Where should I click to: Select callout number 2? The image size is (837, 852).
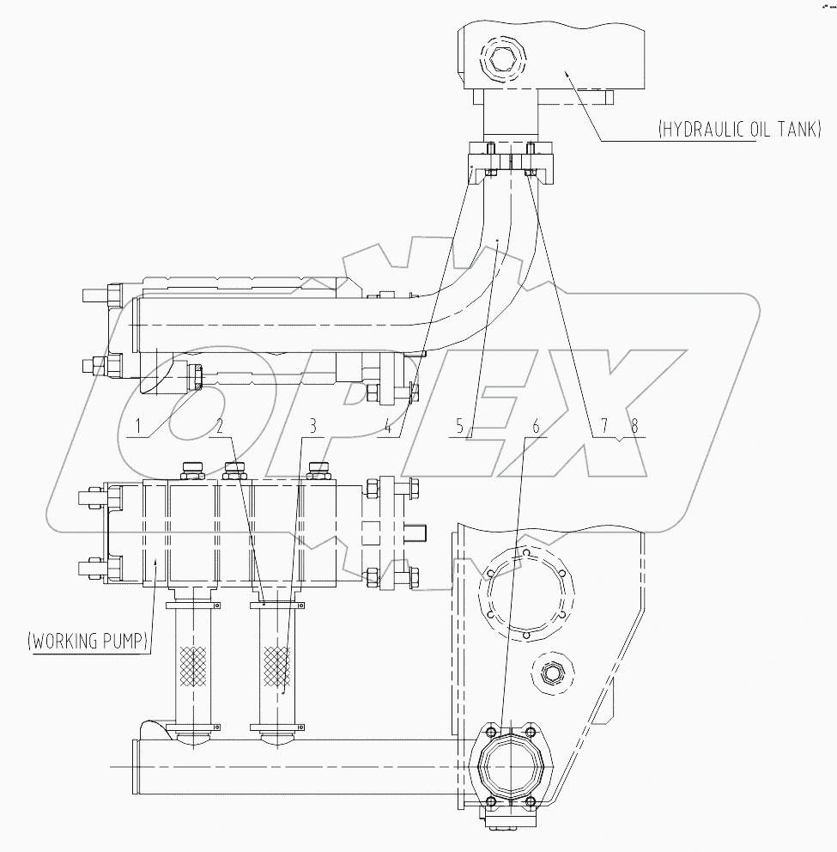(221, 425)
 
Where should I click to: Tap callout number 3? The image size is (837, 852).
(313, 425)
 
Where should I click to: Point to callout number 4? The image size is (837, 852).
(388, 425)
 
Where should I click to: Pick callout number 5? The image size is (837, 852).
(460, 425)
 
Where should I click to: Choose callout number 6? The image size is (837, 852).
(536, 425)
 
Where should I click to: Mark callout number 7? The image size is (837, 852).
(604, 425)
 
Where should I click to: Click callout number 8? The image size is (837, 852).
(634, 425)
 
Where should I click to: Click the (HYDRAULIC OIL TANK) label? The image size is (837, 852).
(739, 130)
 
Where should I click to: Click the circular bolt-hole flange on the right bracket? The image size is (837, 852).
(524, 592)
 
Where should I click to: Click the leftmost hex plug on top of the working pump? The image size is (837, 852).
(191, 470)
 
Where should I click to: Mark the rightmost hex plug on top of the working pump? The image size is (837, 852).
(318, 470)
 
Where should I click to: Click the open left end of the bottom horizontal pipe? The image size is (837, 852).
(136, 763)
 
